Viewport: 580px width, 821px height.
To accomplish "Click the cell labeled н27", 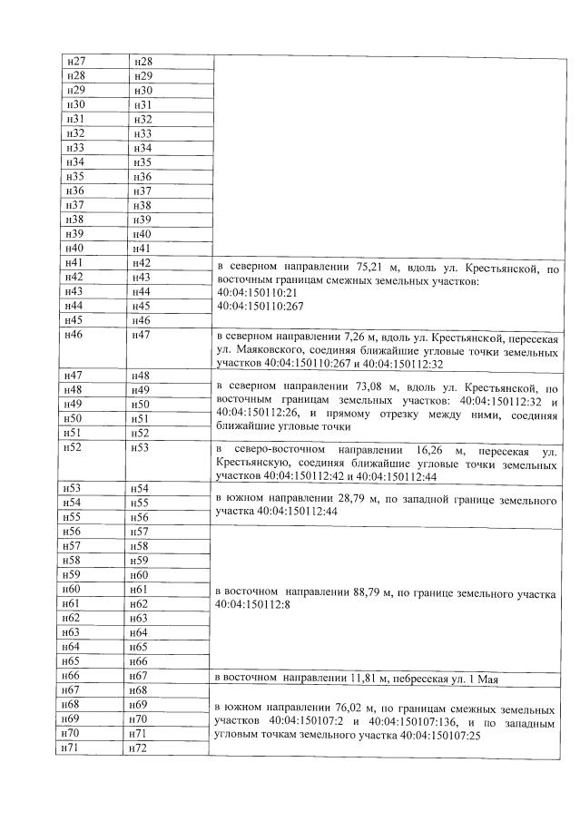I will pyautogui.click(x=75, y=61).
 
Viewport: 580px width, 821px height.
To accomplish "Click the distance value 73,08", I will pyautogui.click(x=373, y=384).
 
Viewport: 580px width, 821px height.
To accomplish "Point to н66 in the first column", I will pyautogui.click(x=75, y=677).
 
